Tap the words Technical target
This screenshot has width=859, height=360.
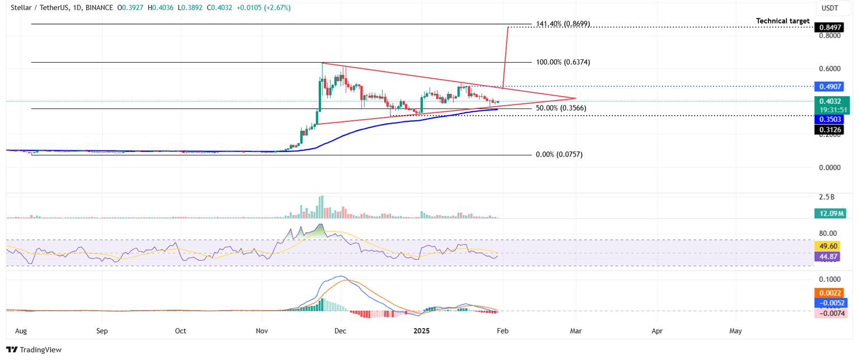782,21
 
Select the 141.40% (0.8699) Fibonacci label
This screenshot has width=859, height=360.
563,24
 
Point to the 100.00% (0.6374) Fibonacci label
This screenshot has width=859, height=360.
563,62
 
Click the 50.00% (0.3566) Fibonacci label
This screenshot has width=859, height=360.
560,108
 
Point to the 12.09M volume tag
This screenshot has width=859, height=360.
830,213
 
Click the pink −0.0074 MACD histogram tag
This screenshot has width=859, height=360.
830,314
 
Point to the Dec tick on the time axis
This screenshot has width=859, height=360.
340,330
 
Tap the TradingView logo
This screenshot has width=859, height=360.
34,350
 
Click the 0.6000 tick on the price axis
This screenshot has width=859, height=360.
829,69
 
